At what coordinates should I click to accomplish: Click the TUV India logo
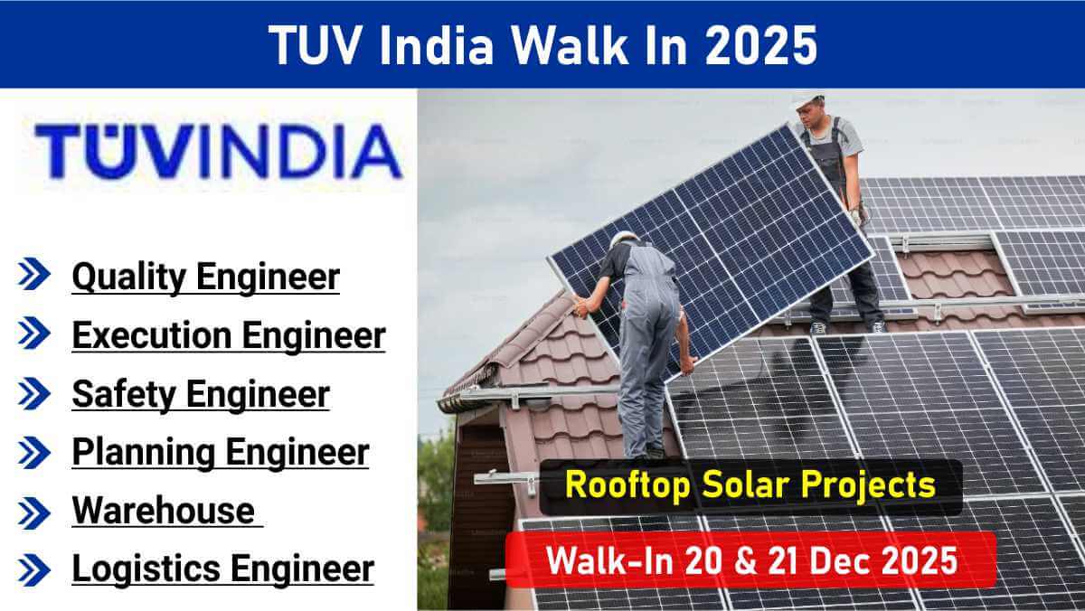[x=217, y=150]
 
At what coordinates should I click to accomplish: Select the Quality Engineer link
[x=206, y=277]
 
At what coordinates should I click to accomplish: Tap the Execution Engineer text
[x=229, y=335]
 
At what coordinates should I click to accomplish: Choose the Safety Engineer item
[x=201, y=394]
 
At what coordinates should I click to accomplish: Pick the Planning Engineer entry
[x=221, y=452]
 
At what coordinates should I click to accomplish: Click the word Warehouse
[x=164, y=511]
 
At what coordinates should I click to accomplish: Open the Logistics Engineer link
[x=222, y=569]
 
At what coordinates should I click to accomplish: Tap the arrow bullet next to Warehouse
[x=35, y=512]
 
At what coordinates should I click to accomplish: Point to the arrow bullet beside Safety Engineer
[x=35, y=394]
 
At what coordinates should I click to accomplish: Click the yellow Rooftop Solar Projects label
[x=750, y=486]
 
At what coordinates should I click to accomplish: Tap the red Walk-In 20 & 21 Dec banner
[x=750, y=560]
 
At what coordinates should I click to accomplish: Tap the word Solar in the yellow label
[x=759, y=486]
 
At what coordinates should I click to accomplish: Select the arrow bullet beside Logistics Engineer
[x=35, y=569]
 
